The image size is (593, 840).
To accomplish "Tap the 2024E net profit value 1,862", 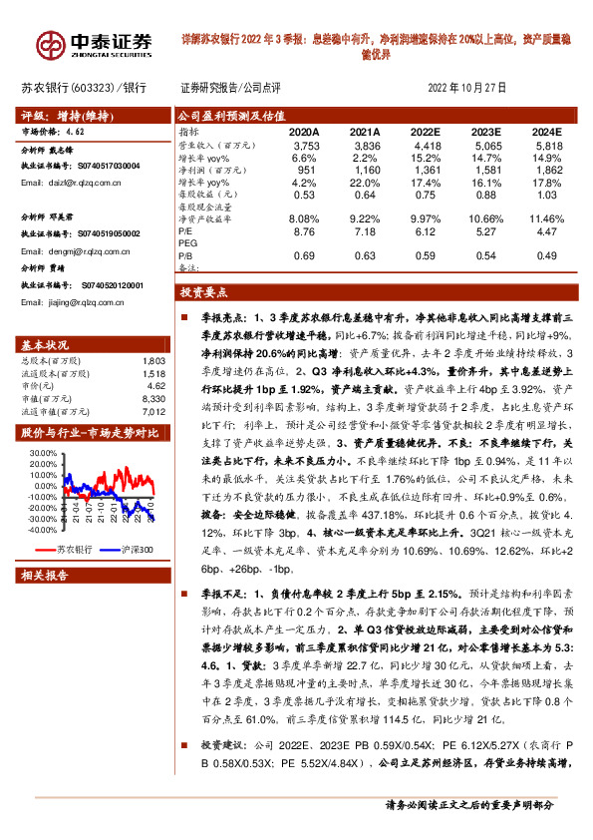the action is tap(547, 169).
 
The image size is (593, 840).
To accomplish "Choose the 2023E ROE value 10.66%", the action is tap(485, 217).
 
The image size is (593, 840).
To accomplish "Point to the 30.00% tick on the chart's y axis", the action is tap(44, 453).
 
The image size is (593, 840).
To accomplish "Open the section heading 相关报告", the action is tap(45, 576).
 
